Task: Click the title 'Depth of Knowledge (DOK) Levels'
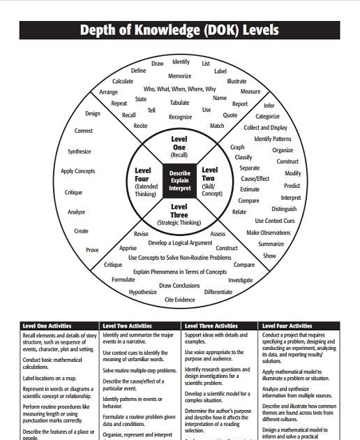click(x=179, y=30)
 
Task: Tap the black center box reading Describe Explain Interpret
click(x=179, y=180)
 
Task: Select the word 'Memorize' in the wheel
click(x=179, y=76)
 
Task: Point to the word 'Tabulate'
click(x=179, y=103)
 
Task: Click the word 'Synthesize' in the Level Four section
click(x=79, y=151)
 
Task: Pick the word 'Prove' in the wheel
click(x=92, y=250)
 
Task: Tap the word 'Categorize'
click(x=267, y=117)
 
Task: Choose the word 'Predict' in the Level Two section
click(x=292, y=186)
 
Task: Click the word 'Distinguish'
click(x=284, y=209)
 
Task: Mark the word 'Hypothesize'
click(x=143, y=292)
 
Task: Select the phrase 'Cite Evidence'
click(x=179, y=300)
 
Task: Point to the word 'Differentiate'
click(x=218, y=292)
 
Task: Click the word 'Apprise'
click(x=128, y=248)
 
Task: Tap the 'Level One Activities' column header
click(x=47, y=325)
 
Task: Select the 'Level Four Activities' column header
click(x=287, y=325)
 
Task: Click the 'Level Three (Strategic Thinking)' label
click(x=179, y=214)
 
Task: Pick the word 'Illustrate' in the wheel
click(x=237, y=82)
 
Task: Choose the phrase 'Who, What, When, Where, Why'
click(x=179, y=89)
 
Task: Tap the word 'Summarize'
click(x=271, y=244)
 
